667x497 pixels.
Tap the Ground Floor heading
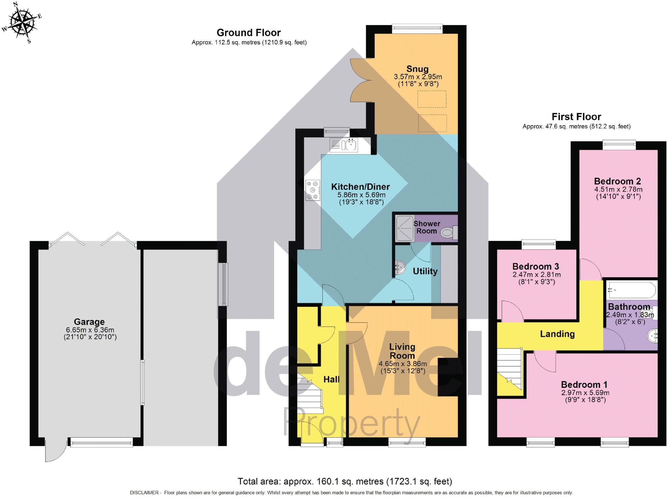pyautogui.click(x=248, y=33)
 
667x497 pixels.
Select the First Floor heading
pyautogui.click(x=576, y=117)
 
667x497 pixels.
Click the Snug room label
pyautogui.click(x=418, y=69)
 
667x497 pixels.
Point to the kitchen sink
pyautogui.click(x=344, y=145)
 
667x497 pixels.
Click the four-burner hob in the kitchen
pyautogui.click(x=313, y=190)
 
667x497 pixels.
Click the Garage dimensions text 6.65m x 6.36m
pyautogui.click(x=90, y=330)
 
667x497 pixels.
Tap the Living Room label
pyautogui.click(x=402, y=351)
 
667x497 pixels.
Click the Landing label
pyautogui.click(x=557, y=334)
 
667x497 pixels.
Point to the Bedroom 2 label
pyautogui.click(x=617, y=181)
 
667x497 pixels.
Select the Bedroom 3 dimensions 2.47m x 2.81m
pyautogui.click(x=536, y=275)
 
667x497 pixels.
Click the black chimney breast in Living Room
pyautogui.click(x=447, y=377)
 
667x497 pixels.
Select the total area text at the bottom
pyautogui.click(x=345, y=481)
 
